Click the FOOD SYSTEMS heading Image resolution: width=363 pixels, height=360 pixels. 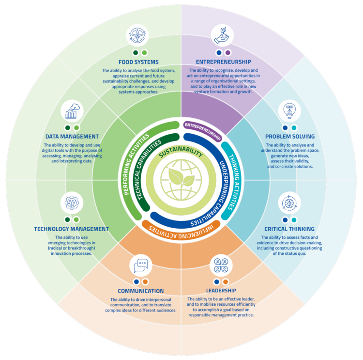(138, 62)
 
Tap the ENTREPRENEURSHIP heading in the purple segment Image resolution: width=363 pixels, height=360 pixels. (223, 62)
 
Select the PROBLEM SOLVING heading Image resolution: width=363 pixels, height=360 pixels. (290, 137)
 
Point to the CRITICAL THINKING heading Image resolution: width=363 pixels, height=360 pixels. (289, 229)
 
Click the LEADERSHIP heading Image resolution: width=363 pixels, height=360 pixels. (220, 291)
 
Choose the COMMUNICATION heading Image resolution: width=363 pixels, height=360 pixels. (140, 291)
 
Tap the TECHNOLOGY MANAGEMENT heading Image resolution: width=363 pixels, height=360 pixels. (71, 229)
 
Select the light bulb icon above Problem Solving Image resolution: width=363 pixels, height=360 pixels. (289, 110)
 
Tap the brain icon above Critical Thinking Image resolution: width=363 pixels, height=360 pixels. (289, 202)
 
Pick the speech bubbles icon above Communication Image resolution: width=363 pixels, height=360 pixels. (141, 265)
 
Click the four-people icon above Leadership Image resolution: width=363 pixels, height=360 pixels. (221, 265)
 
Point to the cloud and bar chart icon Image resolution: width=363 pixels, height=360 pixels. (72, 110)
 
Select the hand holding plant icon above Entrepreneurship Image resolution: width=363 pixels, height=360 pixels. (223, 35)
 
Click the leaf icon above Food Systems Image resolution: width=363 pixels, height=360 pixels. (138, 35)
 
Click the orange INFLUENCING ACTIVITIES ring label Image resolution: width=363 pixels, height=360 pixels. (181, 226)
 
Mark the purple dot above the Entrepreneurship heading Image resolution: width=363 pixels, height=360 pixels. (228, 52)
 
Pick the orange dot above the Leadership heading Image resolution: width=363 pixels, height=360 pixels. (226, 282)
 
